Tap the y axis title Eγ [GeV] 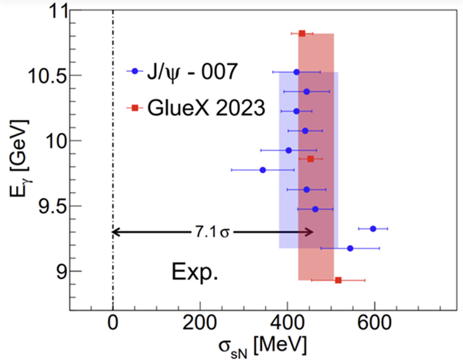[x=18, y=160]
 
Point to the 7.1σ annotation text [x=210, y=232]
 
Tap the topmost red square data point [x=302, y=33]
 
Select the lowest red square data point [x=339, y=281]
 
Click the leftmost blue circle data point [x=263, y=170]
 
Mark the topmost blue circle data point [x=296, y=71]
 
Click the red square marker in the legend [x=134, y=107]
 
